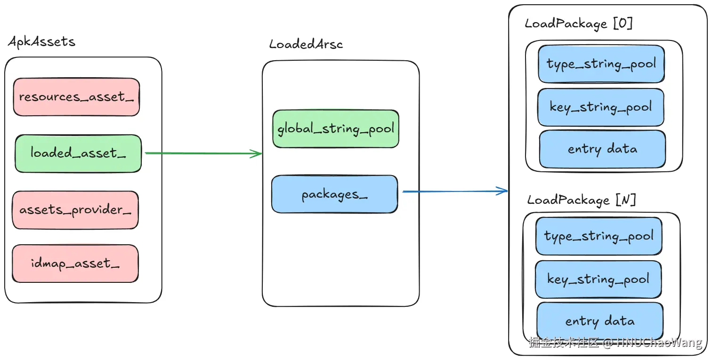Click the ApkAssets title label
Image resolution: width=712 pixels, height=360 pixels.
point(41,42)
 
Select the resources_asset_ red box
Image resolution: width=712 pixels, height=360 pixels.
point(76,97)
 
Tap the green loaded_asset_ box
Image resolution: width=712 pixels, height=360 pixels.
point(78,153)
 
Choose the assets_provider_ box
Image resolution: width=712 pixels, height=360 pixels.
point(75,210)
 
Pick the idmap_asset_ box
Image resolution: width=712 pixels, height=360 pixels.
point(75,264)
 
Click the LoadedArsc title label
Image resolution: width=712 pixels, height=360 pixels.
point(306,45)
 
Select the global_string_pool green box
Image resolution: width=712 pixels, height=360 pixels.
point(336,128)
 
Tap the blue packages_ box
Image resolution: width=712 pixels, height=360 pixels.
point(334,194)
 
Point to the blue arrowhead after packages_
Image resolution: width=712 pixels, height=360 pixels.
point(504,191)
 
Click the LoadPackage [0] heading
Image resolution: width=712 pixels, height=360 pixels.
point(578,24)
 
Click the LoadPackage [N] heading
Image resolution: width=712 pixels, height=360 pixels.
point(582,200)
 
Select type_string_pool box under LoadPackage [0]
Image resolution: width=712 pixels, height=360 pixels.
point(601,64)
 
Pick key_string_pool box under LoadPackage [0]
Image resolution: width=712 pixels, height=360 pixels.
point(601,107)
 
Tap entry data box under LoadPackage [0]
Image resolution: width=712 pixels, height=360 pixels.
point(602,149)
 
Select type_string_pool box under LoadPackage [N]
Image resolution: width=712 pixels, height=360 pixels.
point(599,236)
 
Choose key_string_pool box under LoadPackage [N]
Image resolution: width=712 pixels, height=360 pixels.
point(598,279)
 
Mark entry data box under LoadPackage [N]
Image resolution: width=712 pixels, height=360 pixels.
point(599,321)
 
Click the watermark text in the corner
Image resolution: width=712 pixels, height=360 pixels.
point(615,343)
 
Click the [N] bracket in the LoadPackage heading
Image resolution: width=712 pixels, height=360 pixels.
point(626,200)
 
